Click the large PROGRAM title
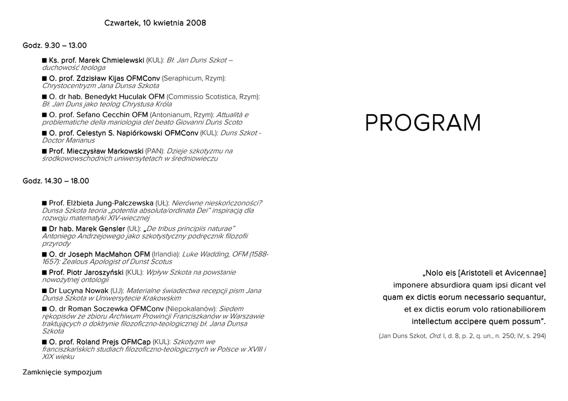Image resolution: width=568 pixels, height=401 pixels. click(423, 123)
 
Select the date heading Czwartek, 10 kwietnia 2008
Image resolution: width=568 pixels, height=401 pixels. click(155, 23)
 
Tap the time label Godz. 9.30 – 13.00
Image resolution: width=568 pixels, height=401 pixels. click(54, 45)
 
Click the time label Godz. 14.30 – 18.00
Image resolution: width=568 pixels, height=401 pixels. click(55, 181)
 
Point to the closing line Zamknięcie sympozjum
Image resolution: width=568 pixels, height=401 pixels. click(62, 372)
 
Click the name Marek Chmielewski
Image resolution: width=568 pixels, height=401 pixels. click(111, 60)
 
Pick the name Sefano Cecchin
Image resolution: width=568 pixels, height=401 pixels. click(111, 115)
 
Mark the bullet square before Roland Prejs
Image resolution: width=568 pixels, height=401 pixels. click(44, 342)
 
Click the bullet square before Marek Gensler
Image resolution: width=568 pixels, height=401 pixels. click(44, 229)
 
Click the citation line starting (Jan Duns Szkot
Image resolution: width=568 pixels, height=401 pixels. click(462, 336)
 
